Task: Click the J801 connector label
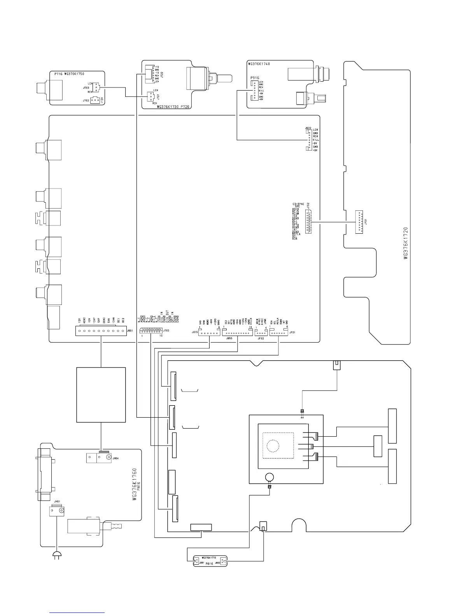tap(130, 331)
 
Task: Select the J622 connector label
tap(308, 128)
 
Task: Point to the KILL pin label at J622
tap(316, 140)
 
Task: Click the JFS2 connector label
tap(308, 205)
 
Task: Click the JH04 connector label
tap(115, 458)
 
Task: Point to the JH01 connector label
tap(57, 502)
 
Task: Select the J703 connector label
tap(86, 88)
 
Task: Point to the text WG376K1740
tap(259, 64)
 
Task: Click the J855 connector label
tap(229, 339)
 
